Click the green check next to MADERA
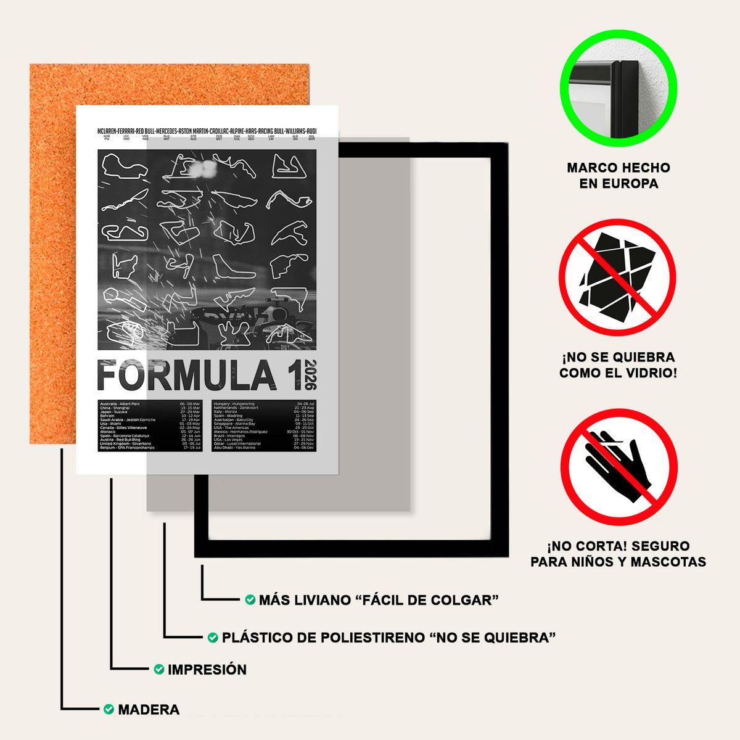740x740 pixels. tap(109, 709)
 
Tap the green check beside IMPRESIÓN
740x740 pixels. tap(158, 669)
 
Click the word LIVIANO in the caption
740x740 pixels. tap(321, 599)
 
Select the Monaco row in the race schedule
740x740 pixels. tap(150, 432)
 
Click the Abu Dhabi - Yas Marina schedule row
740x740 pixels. tap(263, 448)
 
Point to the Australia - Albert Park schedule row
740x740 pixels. tap(150, 404)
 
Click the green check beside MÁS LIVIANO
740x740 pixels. tap(250, 599)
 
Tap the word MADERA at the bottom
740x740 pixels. tap(149, 709)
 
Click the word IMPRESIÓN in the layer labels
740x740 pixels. tap(207, 669)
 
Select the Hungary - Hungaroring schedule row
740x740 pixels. tap(263, 404)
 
